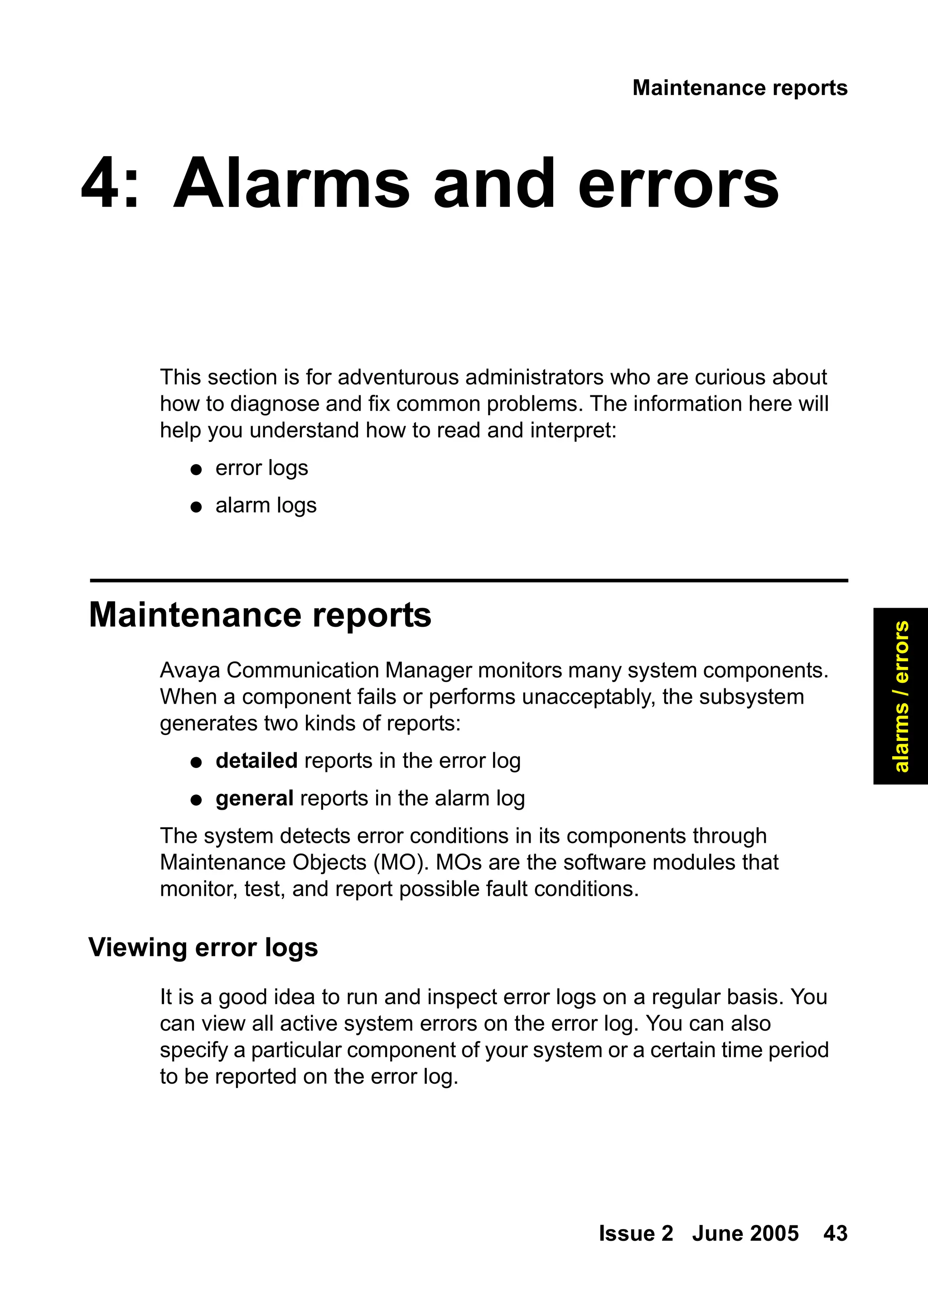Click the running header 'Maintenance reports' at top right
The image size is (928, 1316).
(739, 88)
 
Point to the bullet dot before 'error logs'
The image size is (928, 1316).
(196, 470)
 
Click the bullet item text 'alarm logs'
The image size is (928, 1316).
(266, 505)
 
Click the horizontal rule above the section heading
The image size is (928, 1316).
(469, 581)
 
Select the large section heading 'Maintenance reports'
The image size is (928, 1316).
(260, 615)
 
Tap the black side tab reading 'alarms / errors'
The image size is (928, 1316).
(900, 696)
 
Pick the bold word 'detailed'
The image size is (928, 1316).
(256, 761)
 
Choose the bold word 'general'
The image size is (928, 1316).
(254, 798)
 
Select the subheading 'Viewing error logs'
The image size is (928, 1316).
(203, 947)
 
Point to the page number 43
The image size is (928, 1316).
(835, 1234)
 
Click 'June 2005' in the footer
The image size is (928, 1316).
(745, 1234)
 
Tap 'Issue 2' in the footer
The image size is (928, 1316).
(635, 1234)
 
